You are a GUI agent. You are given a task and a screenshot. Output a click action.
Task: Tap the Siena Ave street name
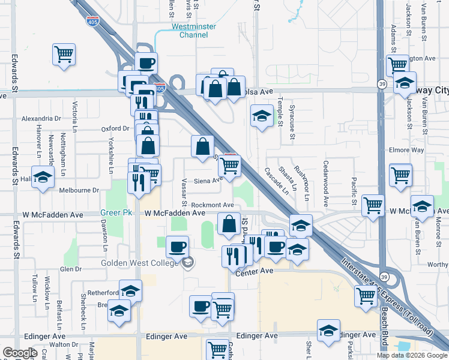(208, 179)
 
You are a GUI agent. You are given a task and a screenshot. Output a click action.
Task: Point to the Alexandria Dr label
(41, 119)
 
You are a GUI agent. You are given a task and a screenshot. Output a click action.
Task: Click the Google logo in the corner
(20, 353)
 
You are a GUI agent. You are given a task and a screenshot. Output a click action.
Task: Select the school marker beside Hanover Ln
(43, 178)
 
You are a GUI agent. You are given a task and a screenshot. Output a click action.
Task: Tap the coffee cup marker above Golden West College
(177, 247)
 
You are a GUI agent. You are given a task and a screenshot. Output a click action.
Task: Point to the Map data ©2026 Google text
(411, 355)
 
